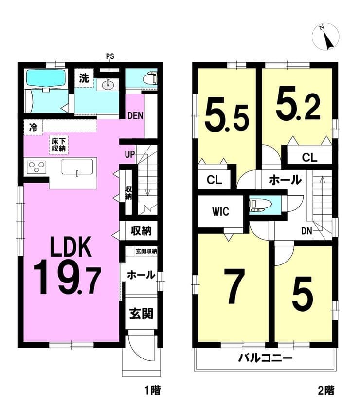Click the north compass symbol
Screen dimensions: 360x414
pos(325,37)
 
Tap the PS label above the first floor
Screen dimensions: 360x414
pos(110,56)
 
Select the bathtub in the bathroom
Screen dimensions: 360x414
pos(46,77)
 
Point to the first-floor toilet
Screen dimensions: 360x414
pos(150,78)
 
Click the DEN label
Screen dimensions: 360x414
pos(135,115)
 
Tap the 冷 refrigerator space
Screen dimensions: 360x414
pos(33,128)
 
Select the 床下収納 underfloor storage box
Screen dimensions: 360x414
pos(58,145)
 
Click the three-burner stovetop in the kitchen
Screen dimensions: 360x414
pos(36,167)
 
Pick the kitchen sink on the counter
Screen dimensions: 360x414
pos(77,167)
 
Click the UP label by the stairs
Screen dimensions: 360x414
pos(129,154)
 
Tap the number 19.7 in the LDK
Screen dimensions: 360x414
pos(67,277)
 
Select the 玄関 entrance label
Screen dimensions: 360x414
pos(141,314)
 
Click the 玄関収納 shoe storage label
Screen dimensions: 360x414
pos(146,251)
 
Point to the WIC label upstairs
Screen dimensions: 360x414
pos(220,211)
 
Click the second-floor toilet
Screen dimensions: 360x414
pos(261,205)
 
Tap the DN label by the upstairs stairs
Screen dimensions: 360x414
pos(306,231)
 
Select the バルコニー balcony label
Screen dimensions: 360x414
pos(265,358)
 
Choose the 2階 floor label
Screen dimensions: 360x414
pos(326,390)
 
